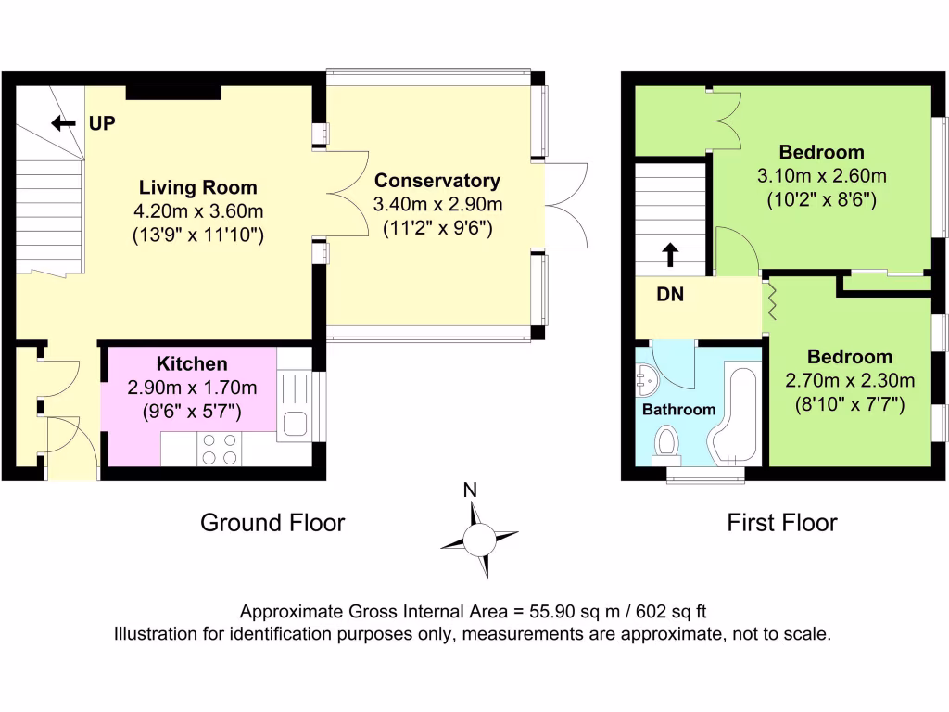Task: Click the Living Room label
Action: (198, 187)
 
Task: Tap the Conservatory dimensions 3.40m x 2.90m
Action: (437, 205)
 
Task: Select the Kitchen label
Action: (192, 363)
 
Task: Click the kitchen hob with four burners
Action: (219, 450)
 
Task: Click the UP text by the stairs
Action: (102, 123)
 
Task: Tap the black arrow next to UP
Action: (64, 123)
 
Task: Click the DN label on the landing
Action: (670, 295)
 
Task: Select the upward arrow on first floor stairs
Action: (670, 255)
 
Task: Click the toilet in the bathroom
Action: (667, 444)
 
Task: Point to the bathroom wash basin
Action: (646, 379)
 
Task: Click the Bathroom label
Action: (678, 410)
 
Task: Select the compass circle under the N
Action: (479, 540)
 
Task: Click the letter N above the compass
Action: (470, 489)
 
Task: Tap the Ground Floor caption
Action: (272, 523)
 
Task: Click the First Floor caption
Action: (782, 523)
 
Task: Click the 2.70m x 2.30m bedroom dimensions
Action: (850, 381)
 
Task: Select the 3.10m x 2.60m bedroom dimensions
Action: (821, 176)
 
